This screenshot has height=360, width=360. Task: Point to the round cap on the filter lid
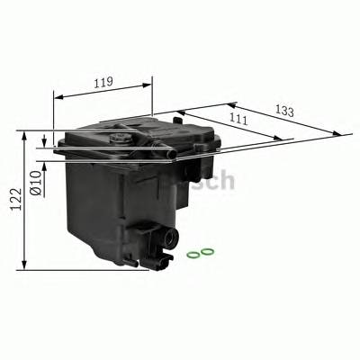click(120, 138)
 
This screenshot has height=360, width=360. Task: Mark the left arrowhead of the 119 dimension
click(57, 94)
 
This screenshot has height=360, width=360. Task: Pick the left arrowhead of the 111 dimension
click(179, 112)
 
